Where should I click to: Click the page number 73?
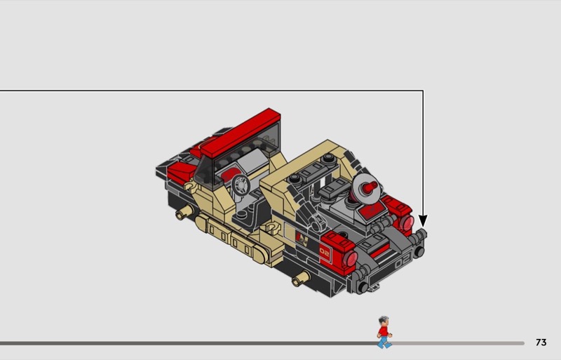point(541,342)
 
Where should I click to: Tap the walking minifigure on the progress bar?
point(384,332)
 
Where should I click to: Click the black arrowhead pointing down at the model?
point(423,220)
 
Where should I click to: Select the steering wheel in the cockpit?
point(241,185)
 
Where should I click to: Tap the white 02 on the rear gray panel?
point(403,263)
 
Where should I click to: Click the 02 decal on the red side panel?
point(325,253)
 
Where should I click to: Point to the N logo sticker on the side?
point(302,239)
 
